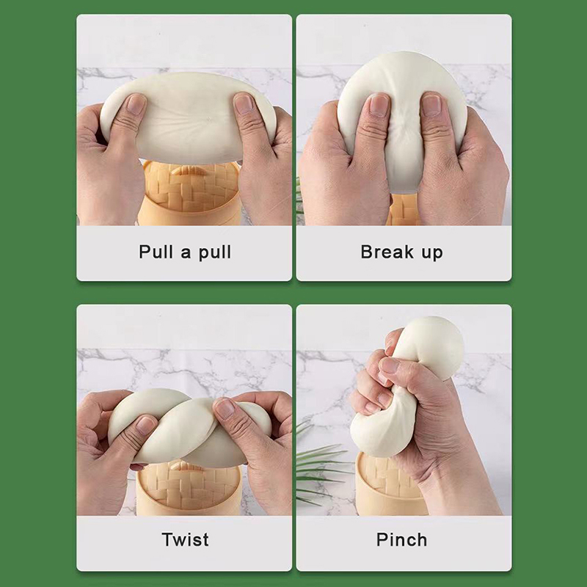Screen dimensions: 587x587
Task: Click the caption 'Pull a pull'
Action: pyautogui.click(x=185, y=252)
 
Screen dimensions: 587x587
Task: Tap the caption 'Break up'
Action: pyautogui.click(x=401, y=252)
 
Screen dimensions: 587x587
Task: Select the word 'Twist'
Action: pyautogui.click(x=186, y=539)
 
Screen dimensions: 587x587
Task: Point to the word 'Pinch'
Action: pyautogui.click(x=401, y=539)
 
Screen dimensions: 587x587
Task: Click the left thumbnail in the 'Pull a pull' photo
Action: pyautogui.click(x=136, y=103)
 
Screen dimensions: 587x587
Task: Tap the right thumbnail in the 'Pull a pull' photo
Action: pyautogui.click(x=244, y=103)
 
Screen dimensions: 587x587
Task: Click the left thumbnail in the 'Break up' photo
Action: pyautogui.click(x=379, y=104)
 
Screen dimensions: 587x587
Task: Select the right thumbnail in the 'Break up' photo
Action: pyautogui.click(x=431, y=104)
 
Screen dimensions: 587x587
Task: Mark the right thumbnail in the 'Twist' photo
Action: pyautogui.click(x=225, y=409)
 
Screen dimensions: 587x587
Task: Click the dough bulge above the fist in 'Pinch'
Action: pyautogui.click(x=431, y=346)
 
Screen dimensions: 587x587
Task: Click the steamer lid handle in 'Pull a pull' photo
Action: pyautogui.click(x=189, y=170)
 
